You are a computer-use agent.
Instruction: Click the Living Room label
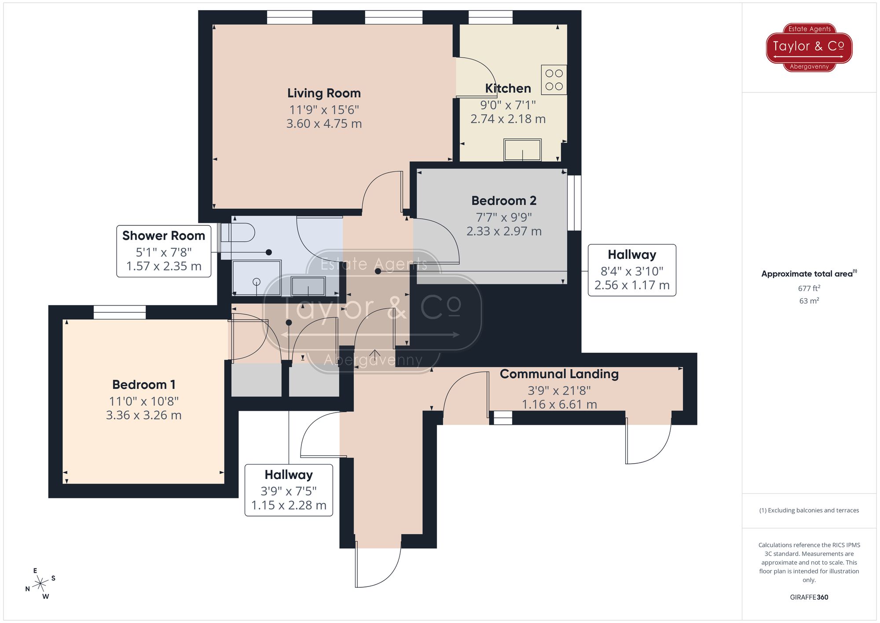(324, 93)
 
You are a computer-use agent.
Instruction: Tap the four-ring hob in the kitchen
(554, 80)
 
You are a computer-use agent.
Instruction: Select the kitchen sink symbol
(522, 150)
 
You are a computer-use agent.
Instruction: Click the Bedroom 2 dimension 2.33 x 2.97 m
(504, 231)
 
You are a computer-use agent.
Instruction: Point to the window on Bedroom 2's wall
(574, 203)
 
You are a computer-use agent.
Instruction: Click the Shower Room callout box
(164, 251)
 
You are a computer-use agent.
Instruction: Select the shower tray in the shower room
(257, 278)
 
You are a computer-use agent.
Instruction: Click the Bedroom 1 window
(120, 312)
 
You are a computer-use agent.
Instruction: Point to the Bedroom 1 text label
(144, 385)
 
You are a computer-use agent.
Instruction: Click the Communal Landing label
(559, 374)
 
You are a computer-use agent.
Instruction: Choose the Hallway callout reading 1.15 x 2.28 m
(289, 490)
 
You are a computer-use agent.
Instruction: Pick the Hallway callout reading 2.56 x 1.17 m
(632, 270)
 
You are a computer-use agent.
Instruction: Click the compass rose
(40, 584)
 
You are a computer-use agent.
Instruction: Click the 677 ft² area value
(809, 288)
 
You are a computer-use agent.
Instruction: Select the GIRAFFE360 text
(809, 597)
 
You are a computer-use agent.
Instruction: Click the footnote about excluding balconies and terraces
(809, 510)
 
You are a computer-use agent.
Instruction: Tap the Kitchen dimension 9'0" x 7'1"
(508, 105)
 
